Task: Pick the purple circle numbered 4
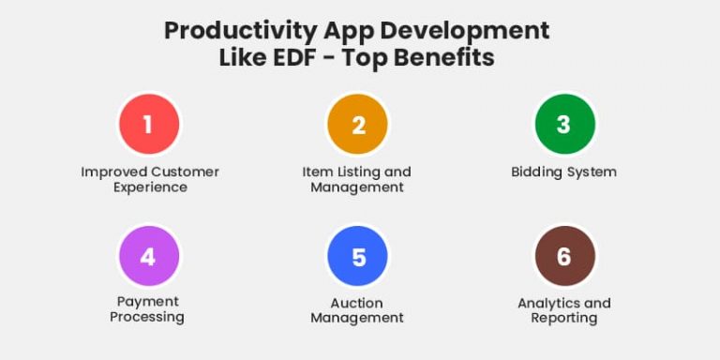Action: click(x=148, y=257)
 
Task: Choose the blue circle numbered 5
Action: click(x=358, y=257)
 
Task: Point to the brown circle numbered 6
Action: click(x=563, y=257)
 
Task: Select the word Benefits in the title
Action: click(x=442, y=57)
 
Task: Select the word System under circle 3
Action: click(x=592, y=172)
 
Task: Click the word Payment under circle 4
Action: click(x=148, y=302)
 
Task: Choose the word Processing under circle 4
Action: click(x=147, y=317)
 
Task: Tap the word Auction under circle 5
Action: click(x=357, y=303)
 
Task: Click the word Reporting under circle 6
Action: click(x=563, y=318)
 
